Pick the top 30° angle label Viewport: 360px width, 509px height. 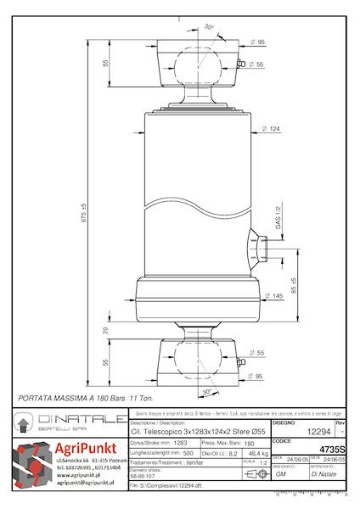point(210,27)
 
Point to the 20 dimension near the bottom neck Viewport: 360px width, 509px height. point(106,330)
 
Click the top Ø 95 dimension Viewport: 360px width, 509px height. point(256,42)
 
